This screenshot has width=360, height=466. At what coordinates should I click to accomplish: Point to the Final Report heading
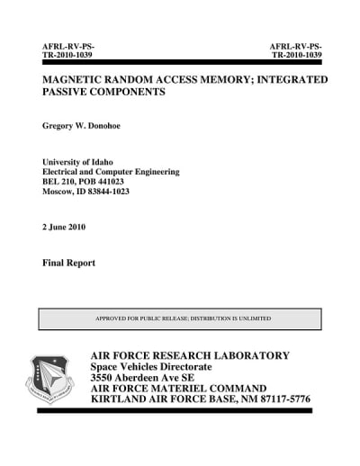(x=69, y=264)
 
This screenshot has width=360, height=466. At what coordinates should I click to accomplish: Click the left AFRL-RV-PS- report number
(x=69, y=45)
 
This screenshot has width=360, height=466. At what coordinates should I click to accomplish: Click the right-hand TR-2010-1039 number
(x=295, y=55)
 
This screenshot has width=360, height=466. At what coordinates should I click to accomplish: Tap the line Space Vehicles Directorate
(x=151, y=368)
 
